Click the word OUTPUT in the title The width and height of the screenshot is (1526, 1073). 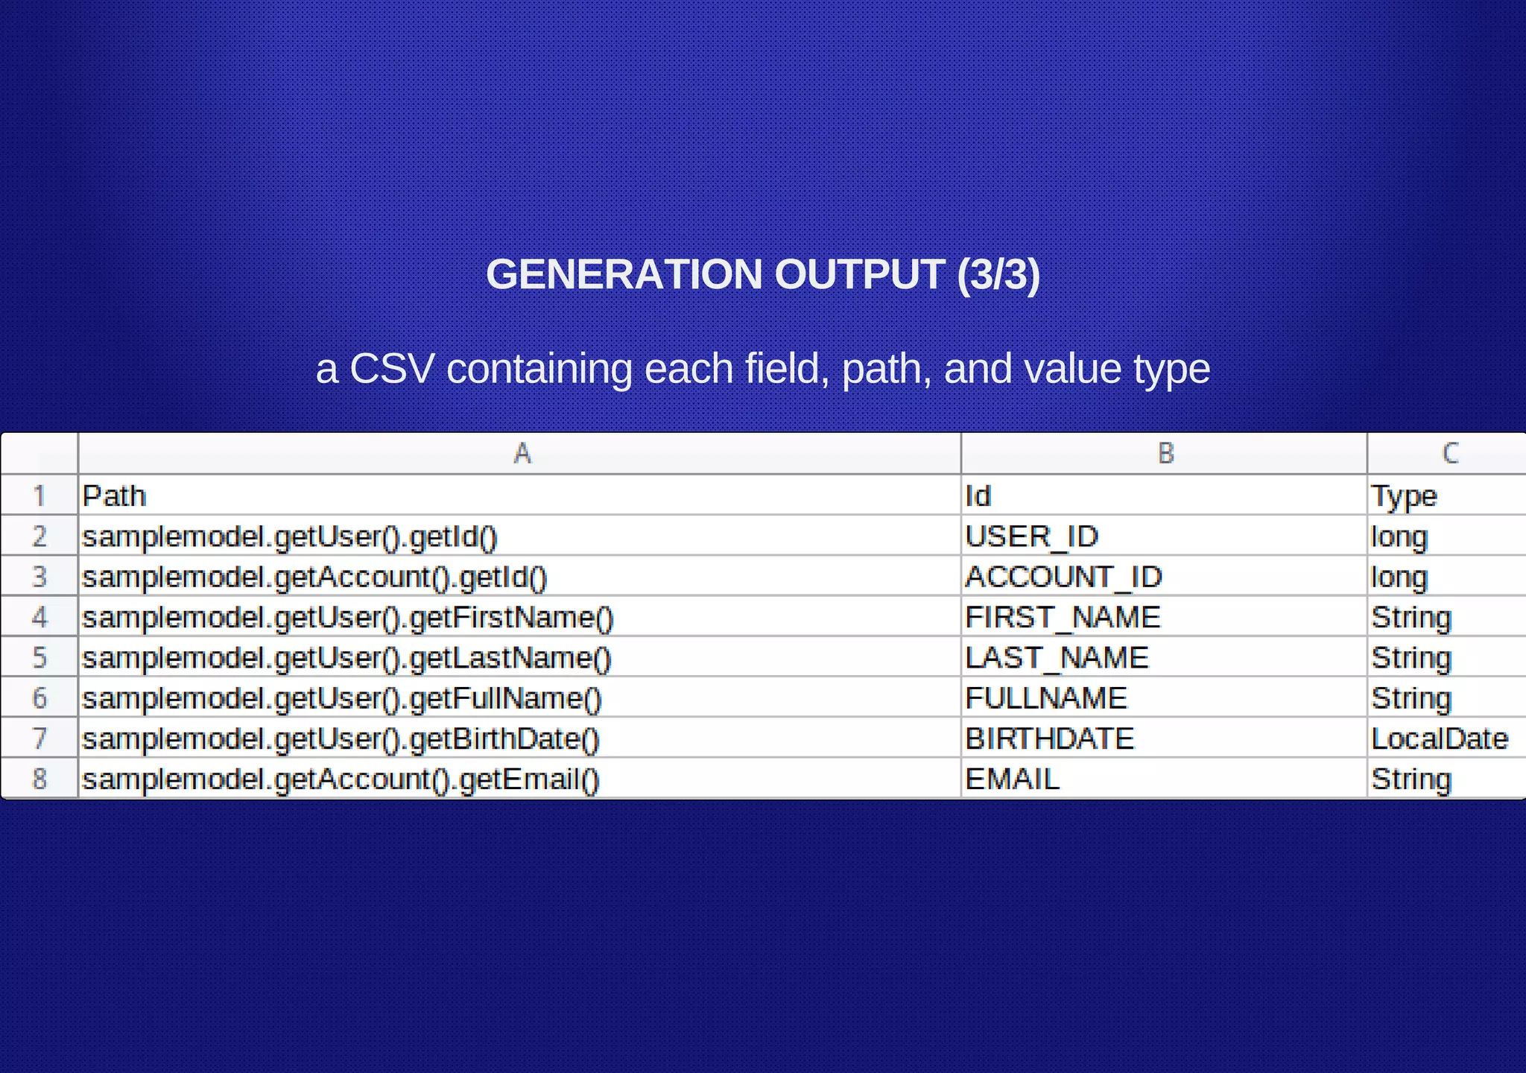pos(859,274)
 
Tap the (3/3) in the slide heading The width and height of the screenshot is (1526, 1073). pos(998,274)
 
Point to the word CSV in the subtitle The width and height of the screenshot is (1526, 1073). pos(392,369)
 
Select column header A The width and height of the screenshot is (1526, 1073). pos(522,453)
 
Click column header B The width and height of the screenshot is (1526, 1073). pos(1165,453)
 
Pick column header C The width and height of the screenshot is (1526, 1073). pos(1449,453)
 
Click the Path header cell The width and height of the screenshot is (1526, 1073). pos(114,496)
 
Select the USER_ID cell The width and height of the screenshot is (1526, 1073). pos(1031,536)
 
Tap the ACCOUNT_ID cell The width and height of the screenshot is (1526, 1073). pos(1063,577)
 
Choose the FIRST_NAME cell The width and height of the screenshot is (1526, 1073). pos(1063,617)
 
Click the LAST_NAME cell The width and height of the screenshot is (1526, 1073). pos(1057,658)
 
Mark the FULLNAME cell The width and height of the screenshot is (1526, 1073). pos(1046,698)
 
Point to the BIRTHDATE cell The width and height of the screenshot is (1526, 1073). pos(1049,738)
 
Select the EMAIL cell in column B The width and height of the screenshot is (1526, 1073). pos(1012,779)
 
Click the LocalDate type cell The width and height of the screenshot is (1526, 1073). pos(1439,738)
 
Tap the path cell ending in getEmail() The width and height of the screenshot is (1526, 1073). pos(341,779)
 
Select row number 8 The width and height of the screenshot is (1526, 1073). pos(39,779)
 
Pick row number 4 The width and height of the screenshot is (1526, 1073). pos(39,617)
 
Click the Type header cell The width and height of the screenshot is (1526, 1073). pos(1404,496)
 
